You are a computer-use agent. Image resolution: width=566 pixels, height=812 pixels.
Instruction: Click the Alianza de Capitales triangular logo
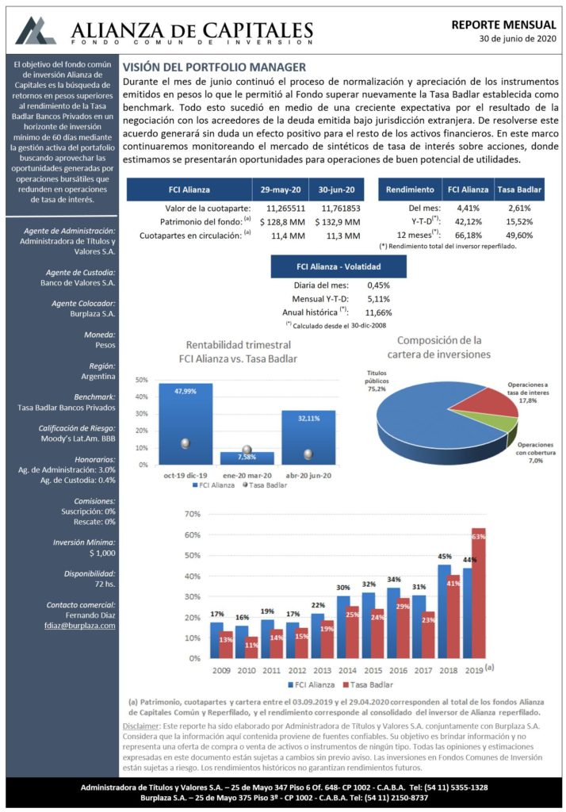[35, 31]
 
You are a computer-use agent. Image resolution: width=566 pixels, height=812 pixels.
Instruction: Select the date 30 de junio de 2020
[518, 38]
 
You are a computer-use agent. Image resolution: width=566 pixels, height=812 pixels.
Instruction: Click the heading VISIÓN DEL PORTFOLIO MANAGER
[214, 67]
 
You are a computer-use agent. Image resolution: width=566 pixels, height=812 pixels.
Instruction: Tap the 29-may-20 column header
[280, 190]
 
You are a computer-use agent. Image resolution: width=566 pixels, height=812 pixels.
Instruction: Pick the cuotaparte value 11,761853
[341, 209]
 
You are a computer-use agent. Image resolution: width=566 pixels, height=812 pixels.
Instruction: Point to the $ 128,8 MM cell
[282, 222]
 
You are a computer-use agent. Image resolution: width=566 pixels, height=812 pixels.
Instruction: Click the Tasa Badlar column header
[519, 190]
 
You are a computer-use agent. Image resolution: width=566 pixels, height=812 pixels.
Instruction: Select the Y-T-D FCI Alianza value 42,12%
[468, 222]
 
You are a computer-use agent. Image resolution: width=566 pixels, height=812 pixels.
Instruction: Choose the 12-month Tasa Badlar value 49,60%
[520, 235]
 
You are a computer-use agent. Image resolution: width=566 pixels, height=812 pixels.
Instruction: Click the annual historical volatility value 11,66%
[378, 312]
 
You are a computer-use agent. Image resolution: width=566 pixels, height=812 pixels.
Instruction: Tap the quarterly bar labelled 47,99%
[185, 424]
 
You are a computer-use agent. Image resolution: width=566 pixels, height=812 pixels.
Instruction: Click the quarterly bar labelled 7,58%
[247, 458]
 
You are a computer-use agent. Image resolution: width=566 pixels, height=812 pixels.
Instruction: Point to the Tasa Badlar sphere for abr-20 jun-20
[308, 454]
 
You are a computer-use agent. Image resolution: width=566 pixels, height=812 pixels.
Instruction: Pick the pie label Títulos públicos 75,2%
[377, 381]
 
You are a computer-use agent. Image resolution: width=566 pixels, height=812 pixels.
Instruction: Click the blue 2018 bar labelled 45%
[444, 611]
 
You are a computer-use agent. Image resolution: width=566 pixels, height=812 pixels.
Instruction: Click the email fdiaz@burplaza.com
[79, 626]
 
